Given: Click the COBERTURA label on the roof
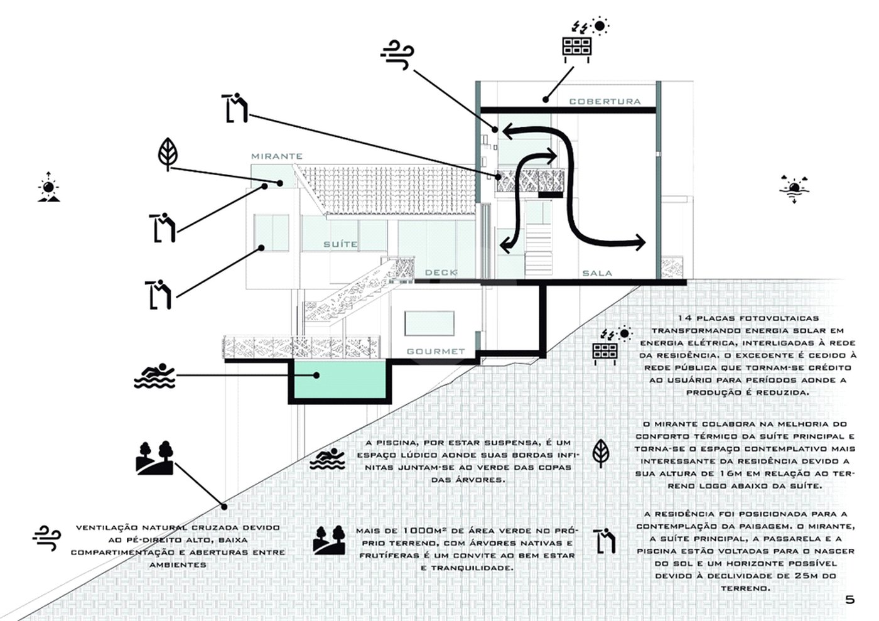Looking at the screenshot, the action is [x=605, y=102].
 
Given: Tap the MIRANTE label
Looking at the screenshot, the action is [x=277, y=156].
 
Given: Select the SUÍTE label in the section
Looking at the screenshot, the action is [x=340, y=244].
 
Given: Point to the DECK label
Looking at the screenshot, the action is [x=441, y=273].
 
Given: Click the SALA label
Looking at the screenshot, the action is [x=597, y=273].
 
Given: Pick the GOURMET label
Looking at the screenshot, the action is [x=436, y=352].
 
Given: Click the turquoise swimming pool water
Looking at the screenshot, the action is [x=340, y=380].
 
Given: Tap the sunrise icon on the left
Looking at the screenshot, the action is [x=49, y=187].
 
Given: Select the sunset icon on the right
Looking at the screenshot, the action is [x=794, y=189].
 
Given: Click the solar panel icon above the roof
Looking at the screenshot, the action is [x=578, y=49].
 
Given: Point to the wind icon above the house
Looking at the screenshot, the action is [x=397, y=55].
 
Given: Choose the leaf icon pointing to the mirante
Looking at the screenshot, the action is [x=168, y=153].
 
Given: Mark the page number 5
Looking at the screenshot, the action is [x=849, y=600].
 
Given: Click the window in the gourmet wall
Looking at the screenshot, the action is [x=429, y=323].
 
